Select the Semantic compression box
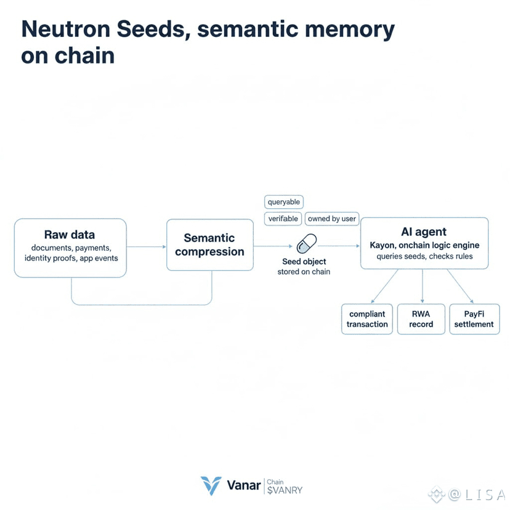pyautogui.click(x=209, y=245)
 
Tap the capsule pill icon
pyautogui.click(x=306, y=244)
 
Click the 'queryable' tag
pyautogui.click(x=284, y=202)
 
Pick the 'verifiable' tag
pyautogui.click(x=283, y=219)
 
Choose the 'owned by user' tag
pyautogui.click(x=332, y=219)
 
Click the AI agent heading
pyautogui.click(x=424, y=232)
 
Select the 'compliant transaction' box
pyautogui.click(x=367, y=319)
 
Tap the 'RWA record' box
pyautogui.click(x=421, y=319)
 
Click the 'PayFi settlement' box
pyautogui.click(x=474, y=319)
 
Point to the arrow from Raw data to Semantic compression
pyautogui.click(x=147, y=246)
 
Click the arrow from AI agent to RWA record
pyautogui.click(x=423, y=286)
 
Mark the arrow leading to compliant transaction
pyautogui.click(x=384, y=286)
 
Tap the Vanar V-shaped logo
pyautogui.click(x=211, y=485)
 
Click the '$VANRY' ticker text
pyautogui.click(x=285, y=491)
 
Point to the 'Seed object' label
pyautogui.click(x=304, y=262)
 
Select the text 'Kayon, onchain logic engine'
pyautogui.click(x=424, y=245)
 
